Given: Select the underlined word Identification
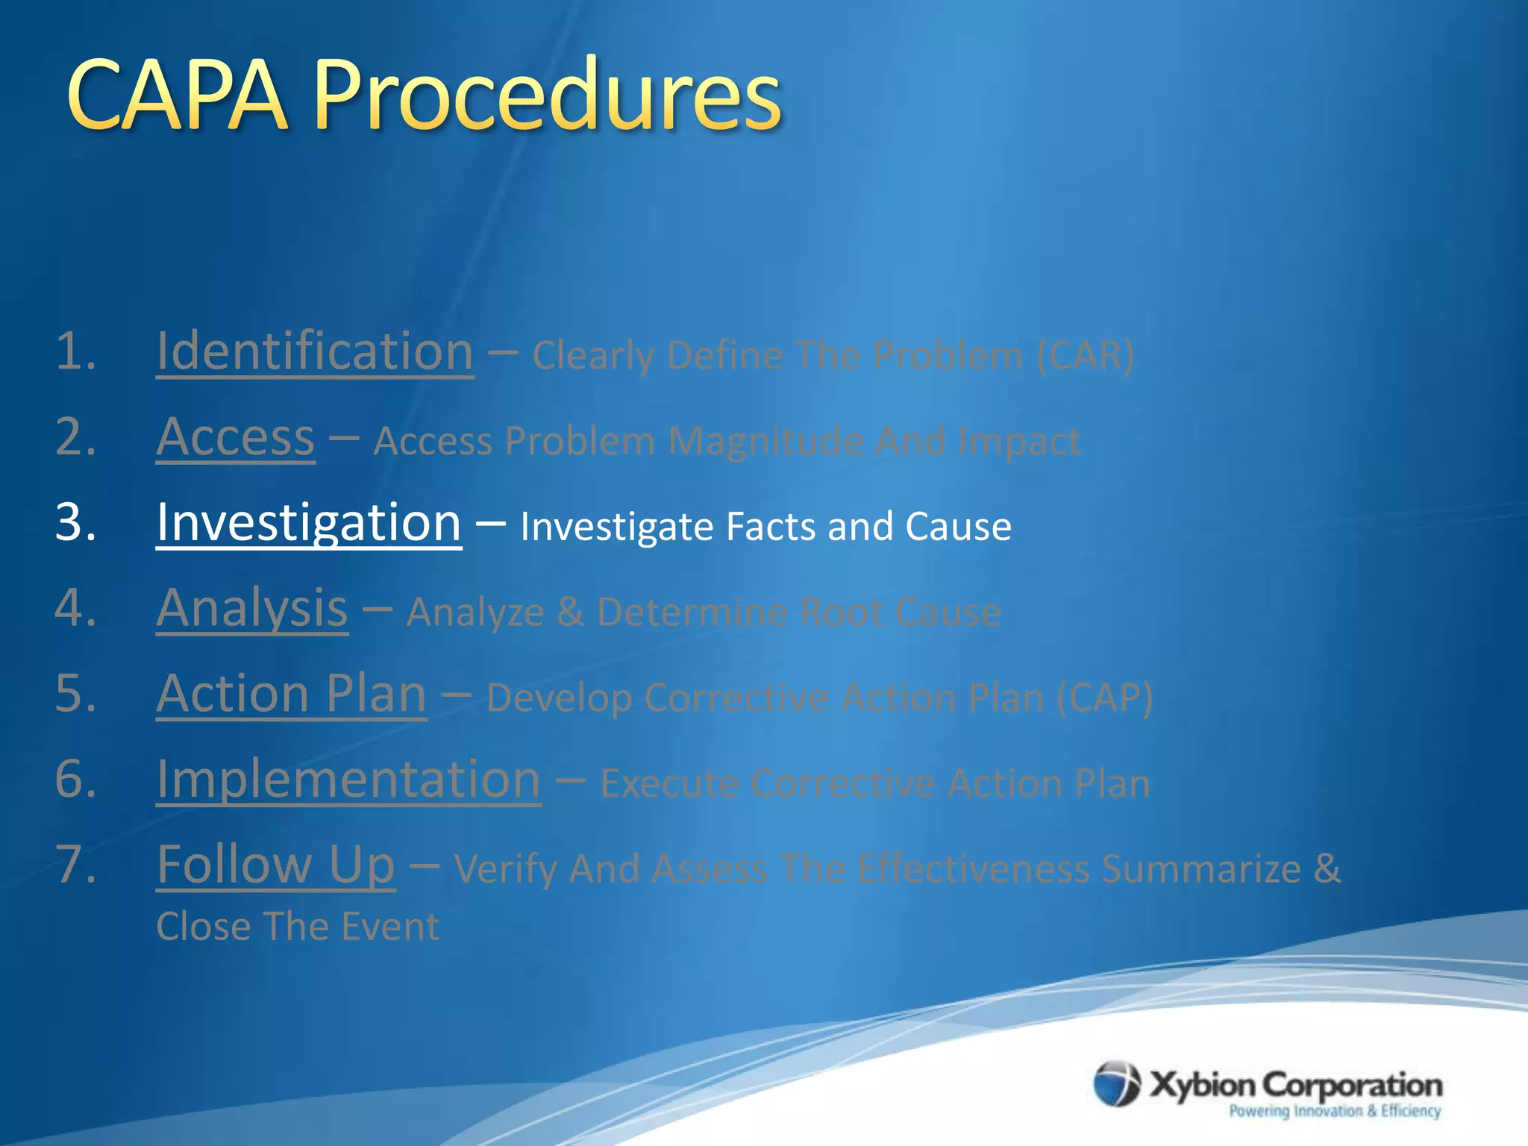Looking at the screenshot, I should [x=315, y=351].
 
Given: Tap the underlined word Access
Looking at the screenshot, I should [x=235, y=437].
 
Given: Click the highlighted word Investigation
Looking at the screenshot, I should [x=309, y=522].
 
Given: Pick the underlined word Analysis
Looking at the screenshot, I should [x=251, y=608].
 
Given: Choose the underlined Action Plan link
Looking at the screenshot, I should [x=291, y=694].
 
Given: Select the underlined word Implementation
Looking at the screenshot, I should [x=348, y=780].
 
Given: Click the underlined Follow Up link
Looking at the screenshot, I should [x=275, y=865].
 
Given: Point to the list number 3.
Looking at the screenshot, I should [x=75, y=522].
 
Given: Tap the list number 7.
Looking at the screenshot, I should [x=75, y=865].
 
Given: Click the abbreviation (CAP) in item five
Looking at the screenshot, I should [x=1104, y=698].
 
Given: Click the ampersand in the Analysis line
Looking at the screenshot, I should [x=570, y=613].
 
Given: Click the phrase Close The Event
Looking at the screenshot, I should [x=298, y=927].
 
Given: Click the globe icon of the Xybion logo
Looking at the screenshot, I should [x=1116, y=1083].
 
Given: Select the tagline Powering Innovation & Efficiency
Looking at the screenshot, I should [x=1334, y=1111].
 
